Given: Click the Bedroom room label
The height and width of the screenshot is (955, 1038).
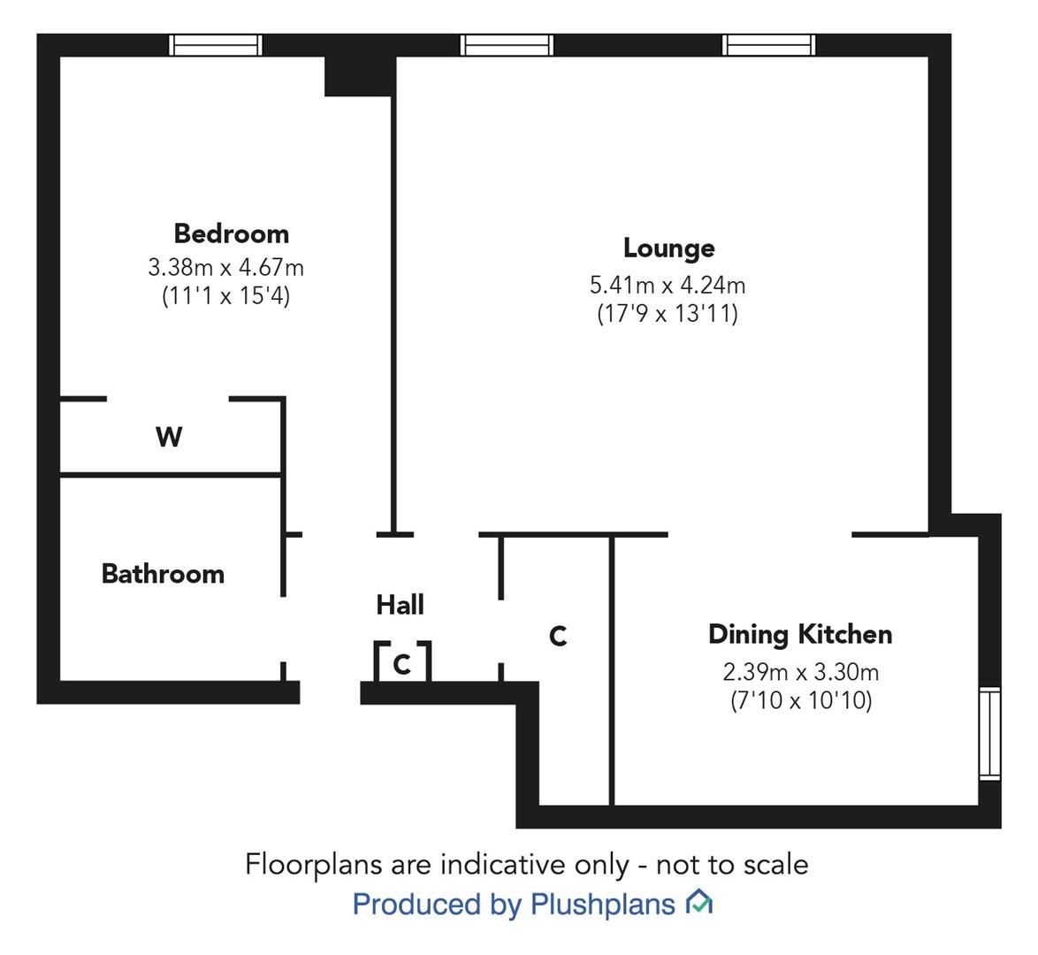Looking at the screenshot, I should [231, 233].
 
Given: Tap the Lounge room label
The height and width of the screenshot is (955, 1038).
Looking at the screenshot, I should [668, 248].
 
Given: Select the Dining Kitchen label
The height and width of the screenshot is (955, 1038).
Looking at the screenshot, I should [799, 634].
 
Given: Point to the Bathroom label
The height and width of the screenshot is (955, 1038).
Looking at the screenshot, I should [163, 574].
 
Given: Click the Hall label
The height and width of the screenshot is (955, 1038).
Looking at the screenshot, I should [400, 605].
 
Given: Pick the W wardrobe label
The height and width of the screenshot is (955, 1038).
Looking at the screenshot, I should [169, 437].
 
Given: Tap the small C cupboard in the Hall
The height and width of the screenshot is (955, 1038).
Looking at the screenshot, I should [402, 663].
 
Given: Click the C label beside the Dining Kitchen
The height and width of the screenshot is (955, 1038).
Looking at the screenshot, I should [558, 636].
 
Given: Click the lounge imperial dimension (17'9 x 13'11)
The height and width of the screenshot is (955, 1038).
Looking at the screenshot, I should [668, 314].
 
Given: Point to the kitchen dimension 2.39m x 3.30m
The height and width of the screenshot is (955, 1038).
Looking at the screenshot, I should [800, 672].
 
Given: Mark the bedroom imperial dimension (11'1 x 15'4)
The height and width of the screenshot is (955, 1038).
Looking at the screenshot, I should [225, 295].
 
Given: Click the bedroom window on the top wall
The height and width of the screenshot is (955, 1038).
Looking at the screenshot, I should [216, 44].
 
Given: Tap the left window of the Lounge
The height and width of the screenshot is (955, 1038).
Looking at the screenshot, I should [507, 44].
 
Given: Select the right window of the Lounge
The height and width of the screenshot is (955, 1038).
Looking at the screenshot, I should [767, 44].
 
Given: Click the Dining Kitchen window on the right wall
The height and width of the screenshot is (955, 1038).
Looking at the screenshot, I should [989, 734].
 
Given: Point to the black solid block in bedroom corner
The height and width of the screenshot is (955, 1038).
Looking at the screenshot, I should [358, 76].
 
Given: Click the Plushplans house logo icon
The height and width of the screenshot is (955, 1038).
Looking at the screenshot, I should [699, 903].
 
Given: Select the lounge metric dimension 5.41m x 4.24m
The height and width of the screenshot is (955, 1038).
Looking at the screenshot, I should [668, 285].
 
